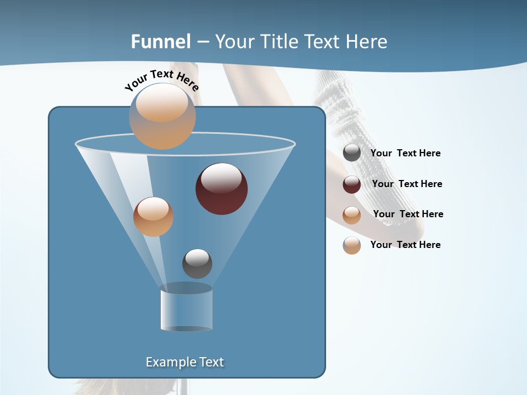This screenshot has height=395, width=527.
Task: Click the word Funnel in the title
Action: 161,42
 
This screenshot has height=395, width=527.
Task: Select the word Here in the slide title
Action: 367,42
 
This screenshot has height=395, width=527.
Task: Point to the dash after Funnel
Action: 203,42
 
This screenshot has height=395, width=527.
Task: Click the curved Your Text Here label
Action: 161,80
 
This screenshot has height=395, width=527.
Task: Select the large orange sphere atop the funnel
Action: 162,116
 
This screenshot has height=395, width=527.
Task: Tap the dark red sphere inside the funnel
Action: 222,188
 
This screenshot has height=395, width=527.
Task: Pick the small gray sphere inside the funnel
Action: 197,263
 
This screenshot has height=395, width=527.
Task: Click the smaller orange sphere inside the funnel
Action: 153,217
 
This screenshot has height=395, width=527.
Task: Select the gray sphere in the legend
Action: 352,153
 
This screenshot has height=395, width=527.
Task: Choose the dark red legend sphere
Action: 352,184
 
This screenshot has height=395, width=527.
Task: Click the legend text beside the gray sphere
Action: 405,153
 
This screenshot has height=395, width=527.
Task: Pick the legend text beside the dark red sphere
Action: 407,184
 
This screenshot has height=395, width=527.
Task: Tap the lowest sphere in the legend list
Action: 352,245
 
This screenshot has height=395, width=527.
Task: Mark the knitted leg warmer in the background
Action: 338,110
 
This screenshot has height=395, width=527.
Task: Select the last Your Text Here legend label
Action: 405,245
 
